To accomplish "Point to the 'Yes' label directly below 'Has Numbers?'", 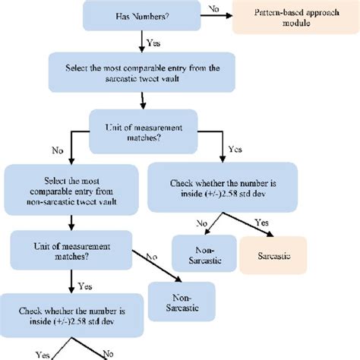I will click(x=152, y=44).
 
